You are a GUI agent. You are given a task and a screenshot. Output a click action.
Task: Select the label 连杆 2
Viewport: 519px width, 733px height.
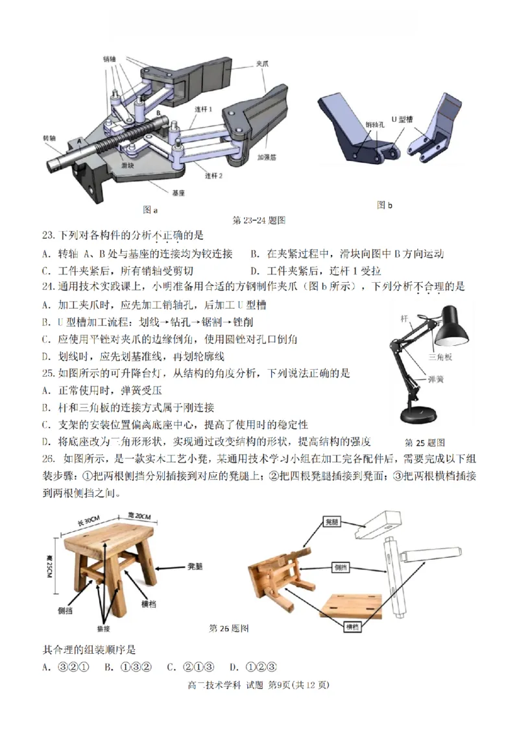(214, 176)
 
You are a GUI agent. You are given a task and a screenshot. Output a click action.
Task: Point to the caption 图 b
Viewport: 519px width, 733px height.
(385, 205)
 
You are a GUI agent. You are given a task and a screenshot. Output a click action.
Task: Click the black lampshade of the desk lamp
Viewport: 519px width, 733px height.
(452, 330)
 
